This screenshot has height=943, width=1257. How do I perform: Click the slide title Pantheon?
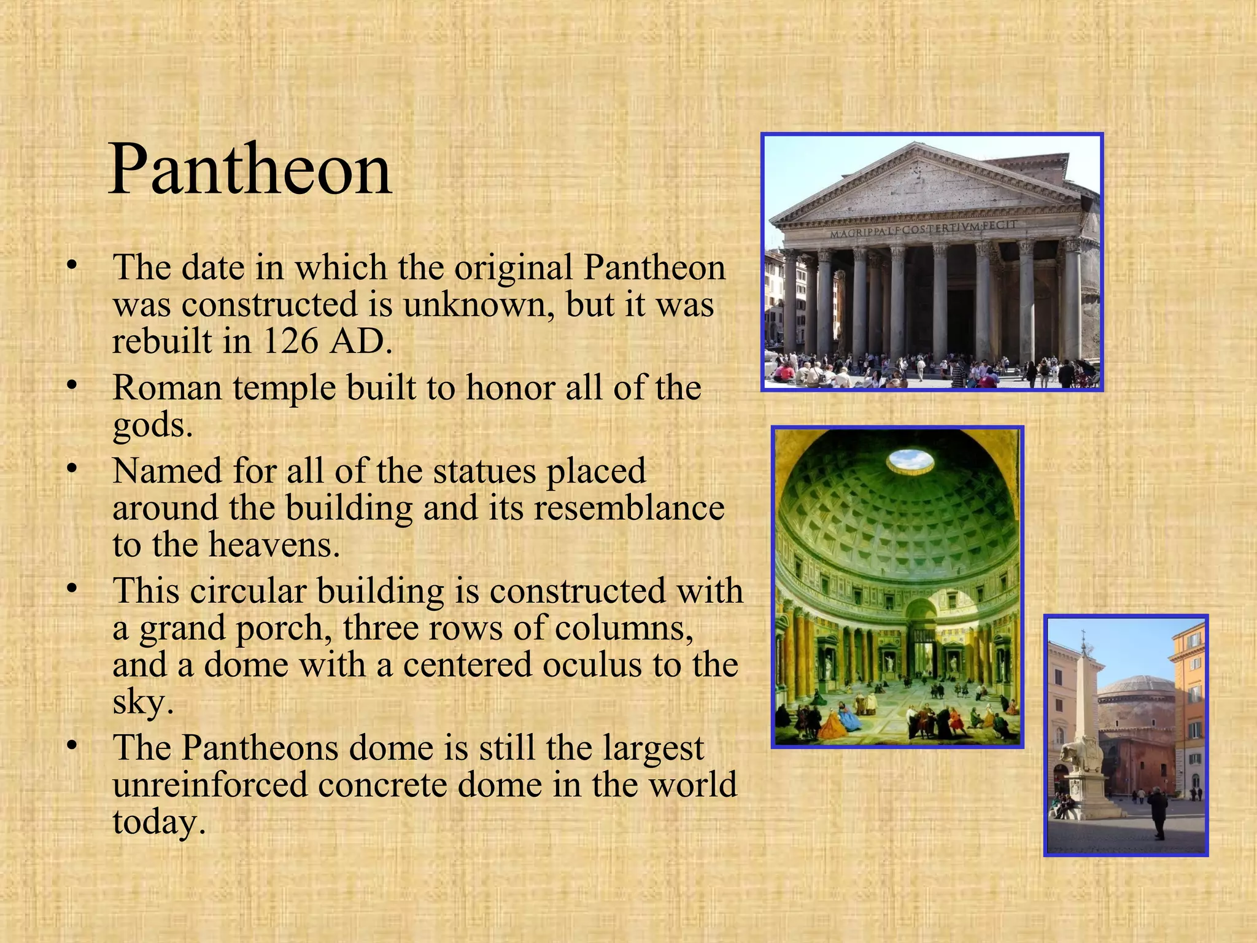(x=250, y=169)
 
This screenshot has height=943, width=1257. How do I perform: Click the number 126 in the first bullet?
(x=291, y=341)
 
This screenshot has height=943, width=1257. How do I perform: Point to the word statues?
(x=485, y=471)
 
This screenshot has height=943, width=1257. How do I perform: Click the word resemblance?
(x=629, y=508)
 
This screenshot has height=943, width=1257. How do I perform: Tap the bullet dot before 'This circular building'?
(x=72, y=589)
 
